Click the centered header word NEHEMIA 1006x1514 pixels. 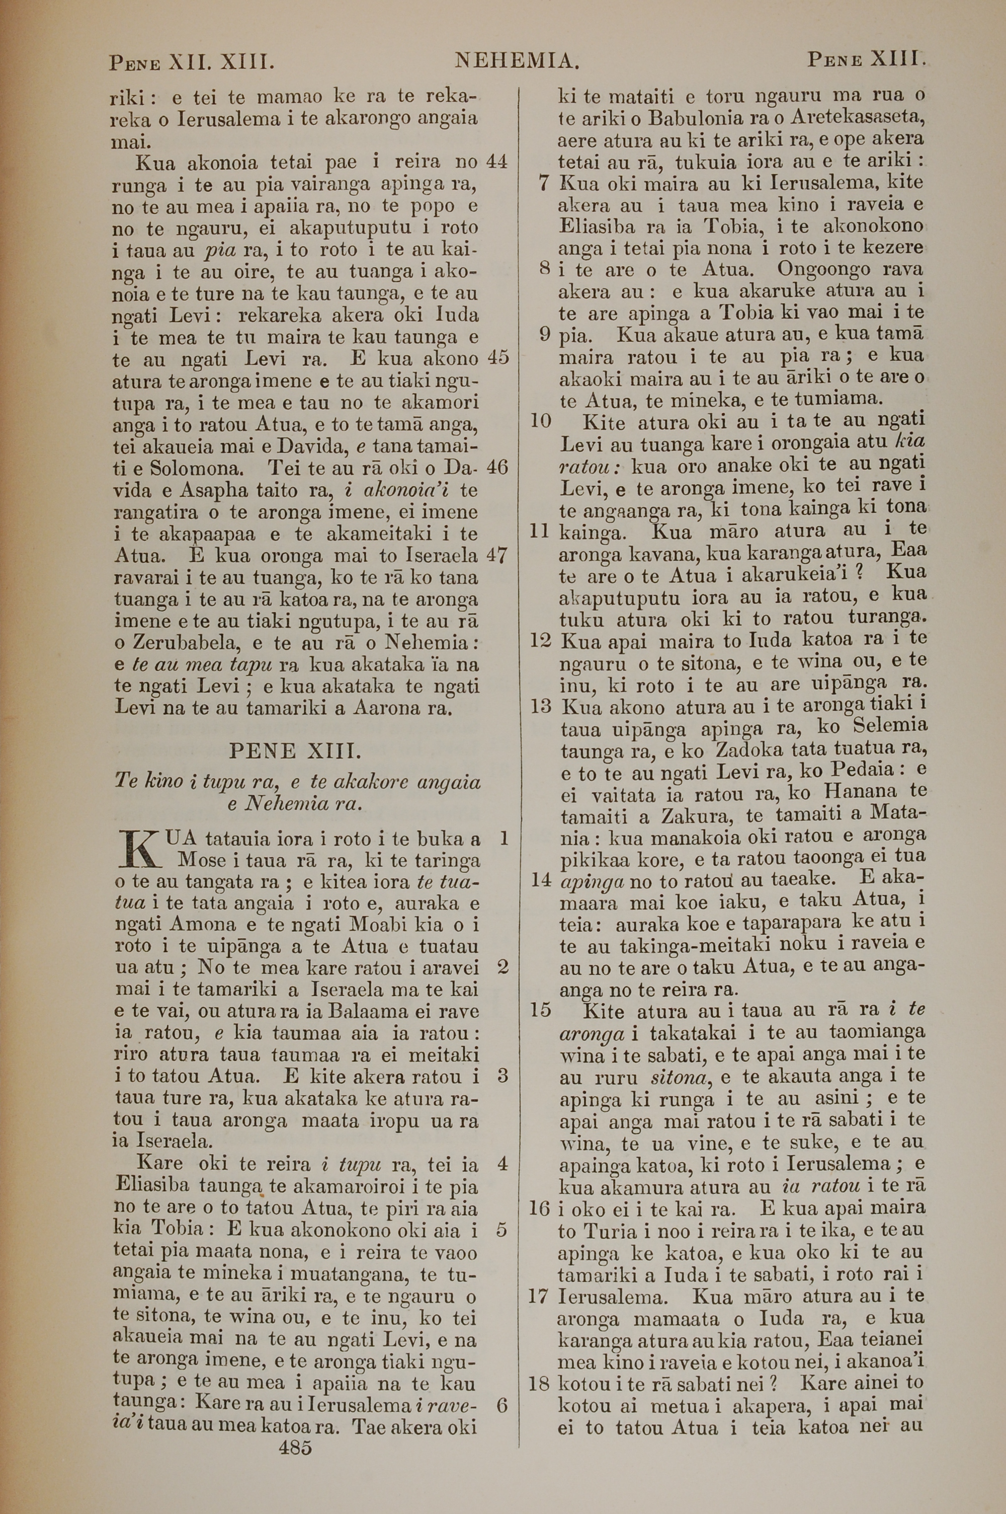pos(517,61)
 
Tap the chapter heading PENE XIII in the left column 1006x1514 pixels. pos(296,750)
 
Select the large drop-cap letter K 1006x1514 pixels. pos(139,849)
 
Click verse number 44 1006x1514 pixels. pos(497,162)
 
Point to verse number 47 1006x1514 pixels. pos(497,555)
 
